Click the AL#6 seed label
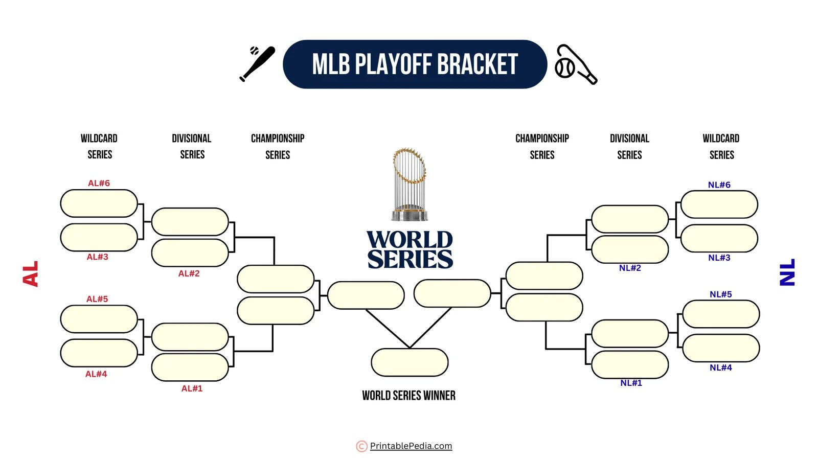point(99,183)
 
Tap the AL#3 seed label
point(97,257)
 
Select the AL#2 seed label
point(189,273)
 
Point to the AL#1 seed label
point(192,388)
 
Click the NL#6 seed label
point(719,185)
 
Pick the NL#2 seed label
point(630,268)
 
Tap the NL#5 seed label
point(720,294)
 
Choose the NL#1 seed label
point(631,383)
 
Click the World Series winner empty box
point(410,362)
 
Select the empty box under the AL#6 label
point(99,203)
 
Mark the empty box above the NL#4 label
point(721,348)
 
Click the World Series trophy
point(409,184)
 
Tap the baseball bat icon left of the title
point(257,63)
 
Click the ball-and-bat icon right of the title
point(576,64)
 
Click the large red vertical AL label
point(31,273)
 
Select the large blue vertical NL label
point(787,272)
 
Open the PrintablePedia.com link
point(411,446)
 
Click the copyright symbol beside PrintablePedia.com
point(361,446)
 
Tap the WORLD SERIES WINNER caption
point(408,395)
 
